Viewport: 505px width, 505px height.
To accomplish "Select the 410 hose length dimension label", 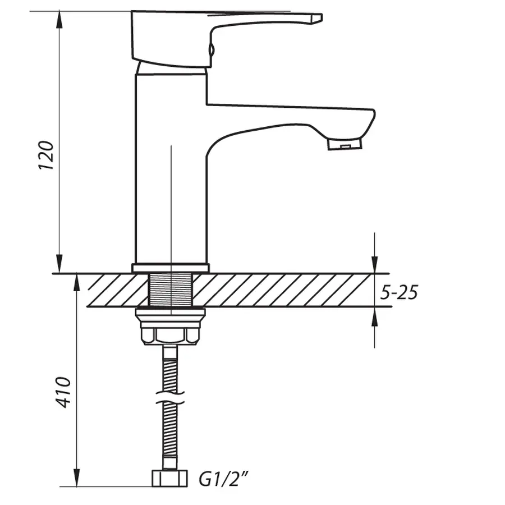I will point(65,392).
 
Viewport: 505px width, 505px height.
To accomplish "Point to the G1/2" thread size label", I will point(223,480).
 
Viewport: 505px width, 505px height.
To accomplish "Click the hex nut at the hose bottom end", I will point(171,479).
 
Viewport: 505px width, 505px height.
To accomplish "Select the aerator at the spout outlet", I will point(345,145).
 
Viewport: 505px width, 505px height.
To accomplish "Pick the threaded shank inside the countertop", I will point(171,290).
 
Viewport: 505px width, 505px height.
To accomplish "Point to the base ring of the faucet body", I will point(171,268).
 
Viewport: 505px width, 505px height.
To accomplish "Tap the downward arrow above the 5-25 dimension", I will point(375,267).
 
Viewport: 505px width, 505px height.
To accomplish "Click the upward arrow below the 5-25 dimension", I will point(375,314).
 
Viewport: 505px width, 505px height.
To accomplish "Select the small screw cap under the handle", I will point(211,50).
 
